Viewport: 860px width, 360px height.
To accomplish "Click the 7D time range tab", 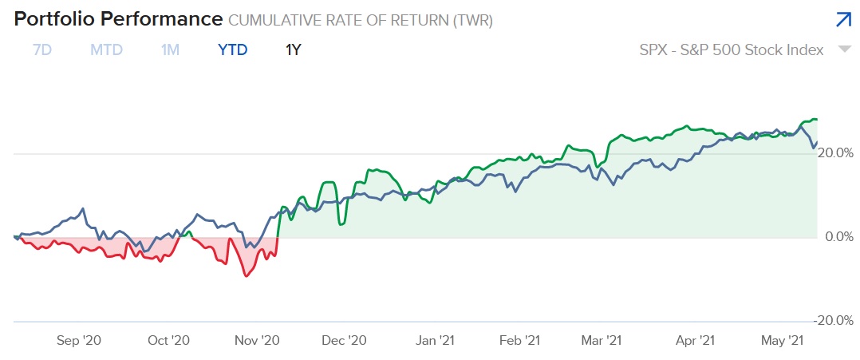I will (41, 49).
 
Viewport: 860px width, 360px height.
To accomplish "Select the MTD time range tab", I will (106, 49).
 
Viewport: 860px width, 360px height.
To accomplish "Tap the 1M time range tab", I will (170, 49).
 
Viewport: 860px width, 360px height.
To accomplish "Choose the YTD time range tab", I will (233, 49).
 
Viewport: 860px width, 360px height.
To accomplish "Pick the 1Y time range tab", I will (293, 49).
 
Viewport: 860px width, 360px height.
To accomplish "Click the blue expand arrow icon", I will (842, 20).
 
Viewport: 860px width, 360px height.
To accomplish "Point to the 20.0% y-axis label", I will (837, 152).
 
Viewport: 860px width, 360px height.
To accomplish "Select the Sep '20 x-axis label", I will (79, 341).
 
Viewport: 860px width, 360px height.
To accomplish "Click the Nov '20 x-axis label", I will (257, 341).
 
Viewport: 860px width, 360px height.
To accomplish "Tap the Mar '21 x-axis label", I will (602, 341).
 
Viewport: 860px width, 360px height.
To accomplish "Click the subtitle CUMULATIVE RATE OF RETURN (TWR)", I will (361, 21).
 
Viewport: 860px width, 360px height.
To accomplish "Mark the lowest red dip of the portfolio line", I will (246, 275).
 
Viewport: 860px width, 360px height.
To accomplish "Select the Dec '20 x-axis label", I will (345, 341).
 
